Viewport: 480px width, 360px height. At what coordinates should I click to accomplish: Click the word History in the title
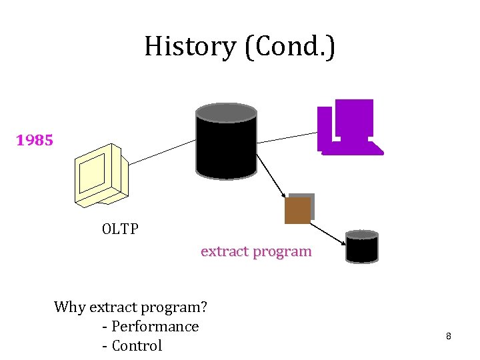click(189, 47)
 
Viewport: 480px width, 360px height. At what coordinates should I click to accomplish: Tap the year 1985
click(35, 141)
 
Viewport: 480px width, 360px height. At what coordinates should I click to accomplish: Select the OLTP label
click(120, 229)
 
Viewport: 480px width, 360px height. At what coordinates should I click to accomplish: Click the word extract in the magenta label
click(224, 251)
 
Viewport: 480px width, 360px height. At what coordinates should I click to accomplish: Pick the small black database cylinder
click(362, 247)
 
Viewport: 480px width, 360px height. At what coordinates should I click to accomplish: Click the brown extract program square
click(297, 210)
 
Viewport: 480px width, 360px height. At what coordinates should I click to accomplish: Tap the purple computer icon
click(350, 128)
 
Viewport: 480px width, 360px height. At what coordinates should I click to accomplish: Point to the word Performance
click(155, 327)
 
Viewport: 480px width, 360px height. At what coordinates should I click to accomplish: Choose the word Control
click(137, 346)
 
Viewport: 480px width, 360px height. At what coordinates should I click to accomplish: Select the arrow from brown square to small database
click(328, 230)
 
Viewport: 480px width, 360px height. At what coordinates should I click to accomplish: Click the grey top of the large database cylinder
click(226, 113)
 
